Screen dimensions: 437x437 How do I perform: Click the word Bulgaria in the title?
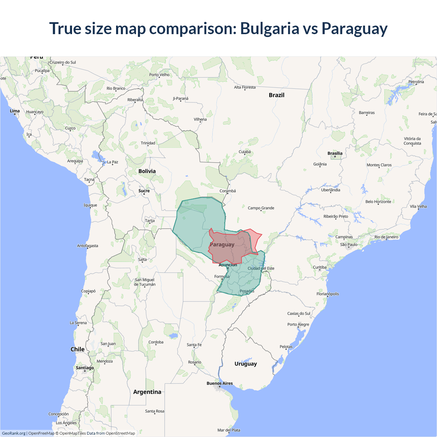(x=270, y=29)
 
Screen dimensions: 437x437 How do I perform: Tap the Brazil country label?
(x=277, y=95)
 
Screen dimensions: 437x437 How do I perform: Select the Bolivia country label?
(x=147, y=171)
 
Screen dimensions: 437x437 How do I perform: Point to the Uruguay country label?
(x=245, y=364)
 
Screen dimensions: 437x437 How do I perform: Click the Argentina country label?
(x=147, y=392)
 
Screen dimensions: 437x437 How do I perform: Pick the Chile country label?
(x=77, y=349)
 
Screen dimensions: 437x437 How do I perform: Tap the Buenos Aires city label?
(x=220, y=383)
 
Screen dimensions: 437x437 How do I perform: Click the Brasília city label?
(x=335, y=153)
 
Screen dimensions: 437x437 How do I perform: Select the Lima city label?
(x=15, y=111)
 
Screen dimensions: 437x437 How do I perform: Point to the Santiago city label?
(x=85, y=368)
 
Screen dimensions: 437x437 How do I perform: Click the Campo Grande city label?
(x=261, y=208)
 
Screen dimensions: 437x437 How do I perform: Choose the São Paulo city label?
(x=349, y=244)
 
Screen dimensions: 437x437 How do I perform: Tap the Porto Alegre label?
(x=298, y=324)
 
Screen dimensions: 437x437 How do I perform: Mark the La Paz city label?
(x=113, y=162)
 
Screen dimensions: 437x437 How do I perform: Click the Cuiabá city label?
(x=244, y=152)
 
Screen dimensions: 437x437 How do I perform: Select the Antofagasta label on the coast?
(x=87, y=246)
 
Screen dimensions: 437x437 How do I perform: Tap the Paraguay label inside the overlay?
(x=222, y=244)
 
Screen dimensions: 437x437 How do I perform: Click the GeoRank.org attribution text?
(x=14, y=433)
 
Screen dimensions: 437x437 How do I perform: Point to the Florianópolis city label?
(x=327, y=294)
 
